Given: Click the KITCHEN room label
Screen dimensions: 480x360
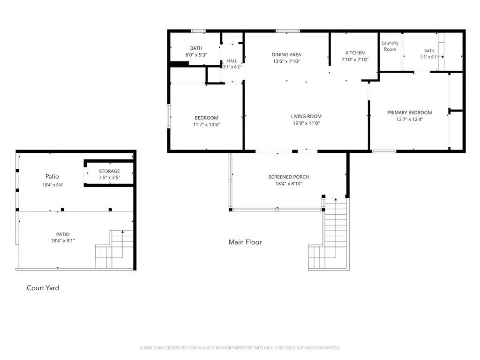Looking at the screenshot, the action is pos(355,52).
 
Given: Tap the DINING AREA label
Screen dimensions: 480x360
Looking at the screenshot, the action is pos(286,54).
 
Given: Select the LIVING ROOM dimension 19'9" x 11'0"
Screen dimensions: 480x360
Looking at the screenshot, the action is pos(306,123).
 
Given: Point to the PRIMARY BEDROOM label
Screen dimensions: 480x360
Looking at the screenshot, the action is pos(409,112).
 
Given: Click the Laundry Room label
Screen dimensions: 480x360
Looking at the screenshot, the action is pos(390,46).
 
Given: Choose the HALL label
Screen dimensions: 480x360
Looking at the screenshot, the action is pos(232,61).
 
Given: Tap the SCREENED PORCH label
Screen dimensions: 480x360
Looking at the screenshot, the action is pos(289,177).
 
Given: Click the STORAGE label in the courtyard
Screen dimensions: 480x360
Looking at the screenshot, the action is pos(109,171).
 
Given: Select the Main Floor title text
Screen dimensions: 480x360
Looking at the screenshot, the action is pos(245,242).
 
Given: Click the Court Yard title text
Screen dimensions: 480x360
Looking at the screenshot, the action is pos(43,288).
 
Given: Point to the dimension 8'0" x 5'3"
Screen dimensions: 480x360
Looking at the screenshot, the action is pos(196,55).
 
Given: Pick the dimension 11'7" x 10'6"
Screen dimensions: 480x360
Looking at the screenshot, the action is pos(206,125).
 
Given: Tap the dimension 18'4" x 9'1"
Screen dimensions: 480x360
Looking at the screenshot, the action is pos(63,240).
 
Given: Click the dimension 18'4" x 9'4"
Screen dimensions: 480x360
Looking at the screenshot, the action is pos(53,185).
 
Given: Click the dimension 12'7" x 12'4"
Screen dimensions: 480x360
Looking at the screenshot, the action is pos(409,120).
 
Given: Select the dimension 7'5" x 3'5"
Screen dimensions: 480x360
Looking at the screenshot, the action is pos(109,178).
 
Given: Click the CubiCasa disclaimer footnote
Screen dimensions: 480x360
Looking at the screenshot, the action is pos(240,348).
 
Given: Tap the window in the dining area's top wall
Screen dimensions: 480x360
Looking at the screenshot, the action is pos(288,31).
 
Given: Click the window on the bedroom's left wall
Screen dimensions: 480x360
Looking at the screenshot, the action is pos(169,116).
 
